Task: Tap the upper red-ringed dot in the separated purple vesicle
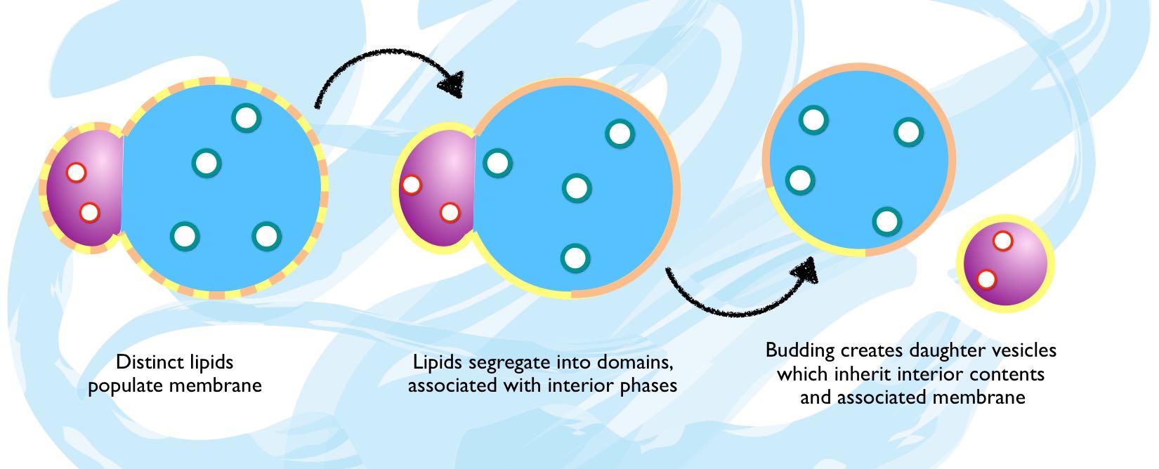(1002, 242)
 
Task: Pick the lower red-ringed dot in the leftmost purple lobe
(89, 212)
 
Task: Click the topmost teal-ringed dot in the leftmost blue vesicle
(245, 117)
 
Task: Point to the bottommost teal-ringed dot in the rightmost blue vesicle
(886, 221)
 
